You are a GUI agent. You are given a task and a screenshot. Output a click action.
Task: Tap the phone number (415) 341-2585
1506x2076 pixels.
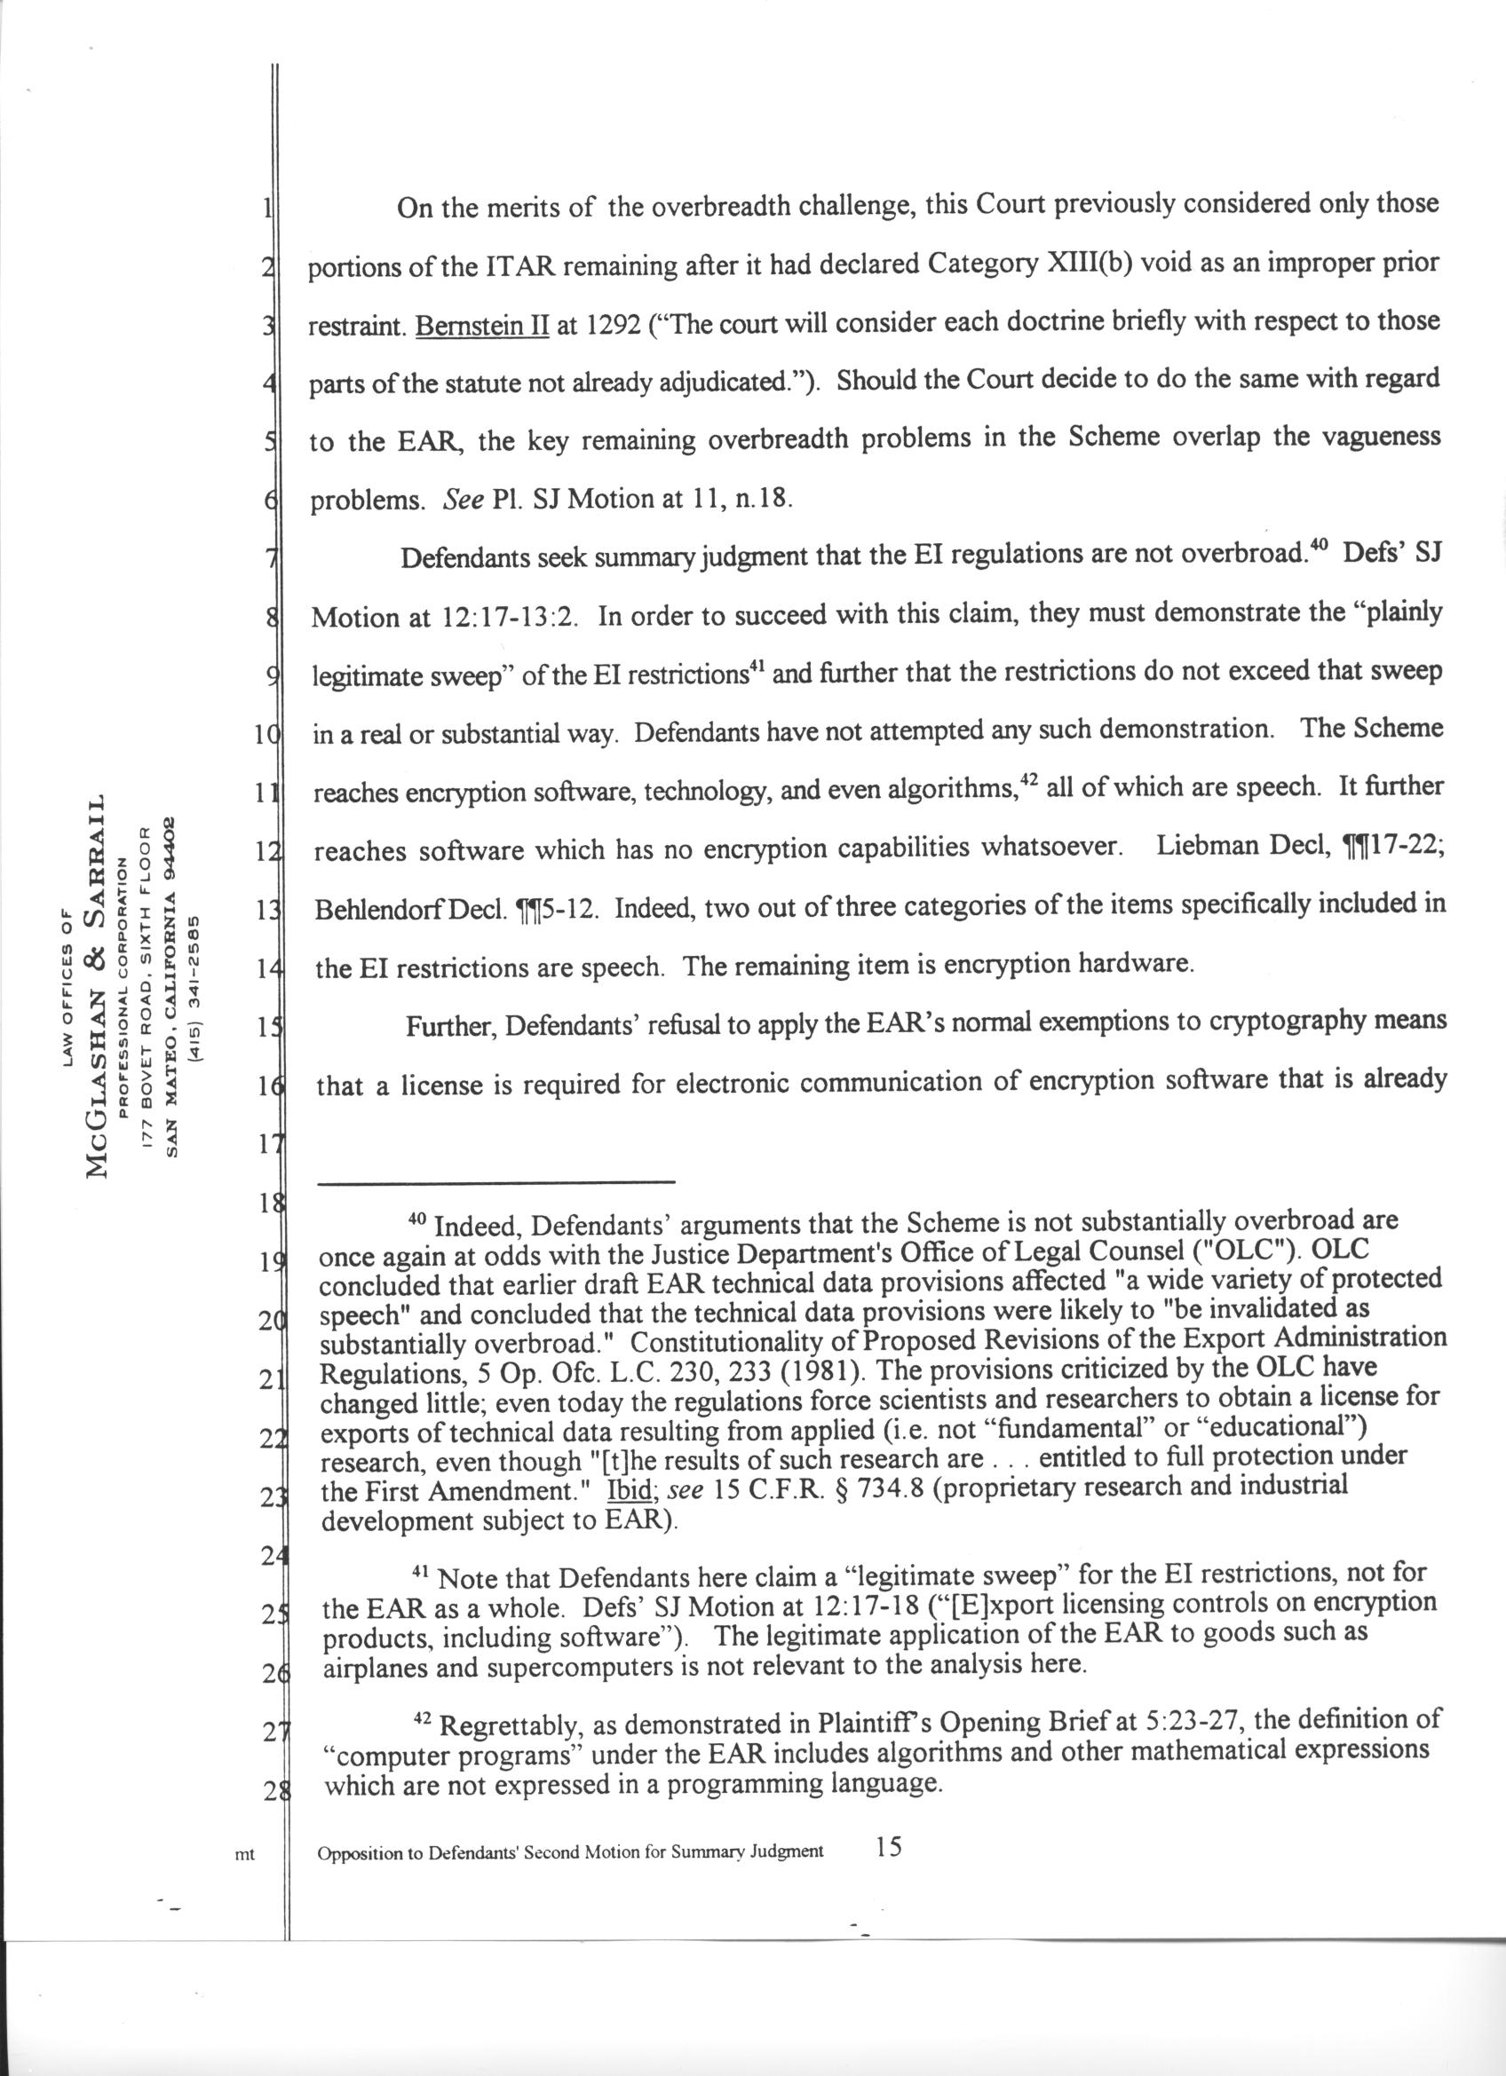coord(195,988)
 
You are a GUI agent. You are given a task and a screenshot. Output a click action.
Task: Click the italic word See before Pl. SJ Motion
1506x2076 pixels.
coord(464,500)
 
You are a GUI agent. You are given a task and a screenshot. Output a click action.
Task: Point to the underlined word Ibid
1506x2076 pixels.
coord(628,1489)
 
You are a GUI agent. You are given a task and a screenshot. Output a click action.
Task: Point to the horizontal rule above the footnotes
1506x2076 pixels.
coord(495,1182)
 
